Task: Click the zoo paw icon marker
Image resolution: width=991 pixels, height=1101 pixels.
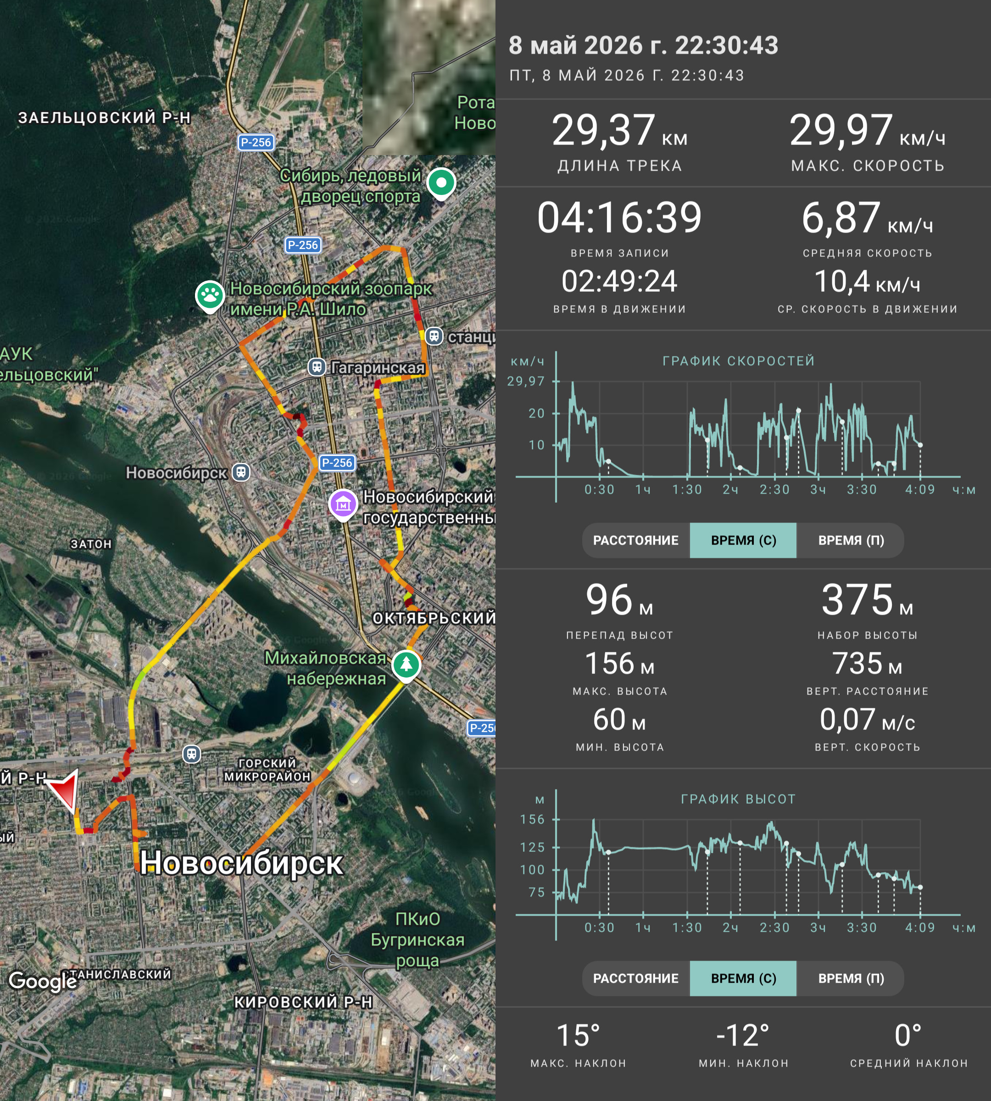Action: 210,296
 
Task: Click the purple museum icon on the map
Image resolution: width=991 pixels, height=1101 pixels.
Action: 343,505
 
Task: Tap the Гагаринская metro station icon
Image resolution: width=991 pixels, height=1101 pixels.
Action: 317,367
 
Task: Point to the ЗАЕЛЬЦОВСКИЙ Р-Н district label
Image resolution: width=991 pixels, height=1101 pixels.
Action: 105,117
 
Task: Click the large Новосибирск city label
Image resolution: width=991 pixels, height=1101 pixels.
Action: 241,863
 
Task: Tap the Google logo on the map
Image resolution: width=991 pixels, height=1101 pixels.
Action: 43,981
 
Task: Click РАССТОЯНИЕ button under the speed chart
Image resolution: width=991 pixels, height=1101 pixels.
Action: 635,540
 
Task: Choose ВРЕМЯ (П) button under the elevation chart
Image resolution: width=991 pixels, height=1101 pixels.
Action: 851,979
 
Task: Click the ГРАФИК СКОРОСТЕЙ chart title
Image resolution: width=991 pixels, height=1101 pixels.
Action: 738,361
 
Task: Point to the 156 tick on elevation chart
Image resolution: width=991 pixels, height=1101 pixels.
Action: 532,819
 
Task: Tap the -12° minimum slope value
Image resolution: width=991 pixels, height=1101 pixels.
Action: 743,1036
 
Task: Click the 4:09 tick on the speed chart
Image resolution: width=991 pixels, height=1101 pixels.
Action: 920,489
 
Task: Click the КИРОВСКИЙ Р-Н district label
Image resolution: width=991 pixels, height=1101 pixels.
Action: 303,1002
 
